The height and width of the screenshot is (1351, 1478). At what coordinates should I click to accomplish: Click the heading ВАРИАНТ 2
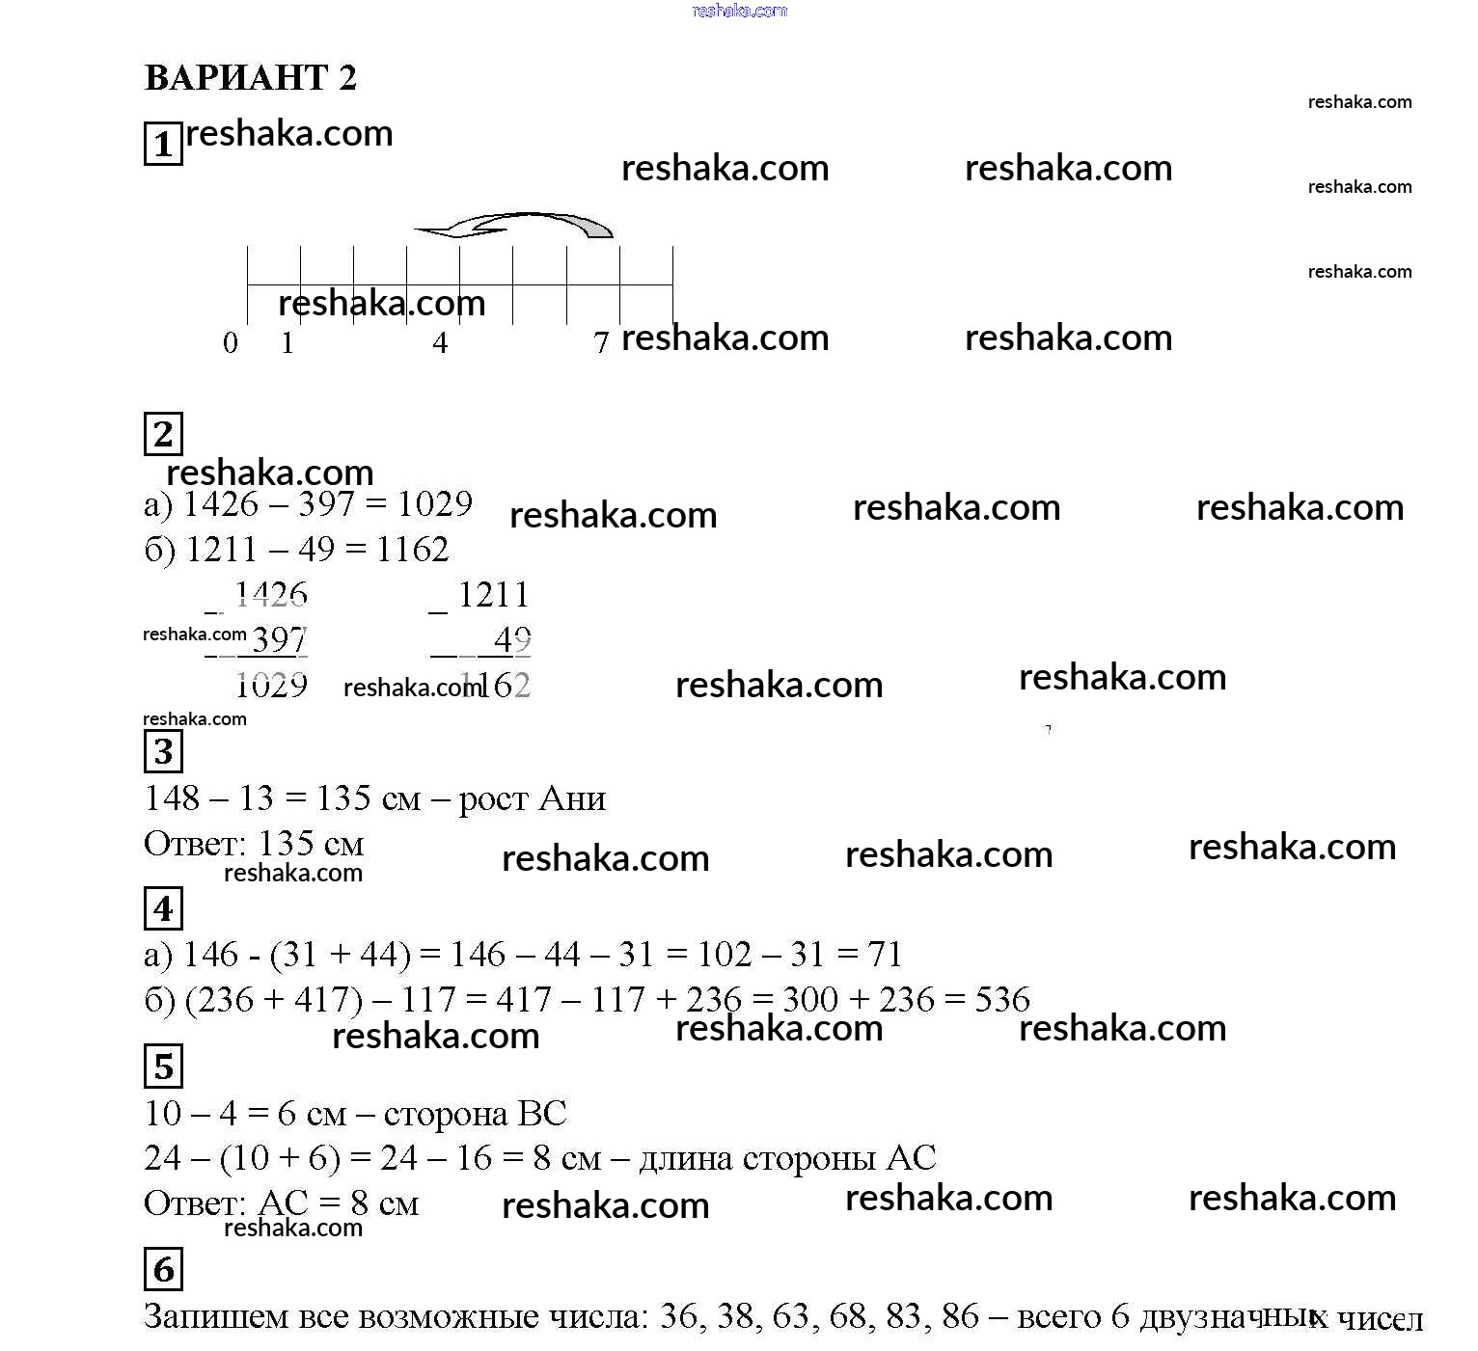click(250, 77)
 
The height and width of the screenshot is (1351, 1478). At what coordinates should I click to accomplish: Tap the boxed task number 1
click(163, 144)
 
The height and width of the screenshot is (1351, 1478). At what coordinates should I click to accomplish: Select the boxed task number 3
click(163, 751)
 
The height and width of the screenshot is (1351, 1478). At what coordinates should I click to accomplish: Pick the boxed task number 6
click(163, 1269)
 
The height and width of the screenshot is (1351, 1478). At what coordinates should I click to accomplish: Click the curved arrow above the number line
click(513, 225)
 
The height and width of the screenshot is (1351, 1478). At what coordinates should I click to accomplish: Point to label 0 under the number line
click(230, 342)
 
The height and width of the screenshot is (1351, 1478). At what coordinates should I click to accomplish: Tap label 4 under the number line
click(440, 342)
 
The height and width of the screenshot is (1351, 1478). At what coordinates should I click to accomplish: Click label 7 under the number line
click(601, 342)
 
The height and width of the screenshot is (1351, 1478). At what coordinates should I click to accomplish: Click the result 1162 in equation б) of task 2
click(412, 550)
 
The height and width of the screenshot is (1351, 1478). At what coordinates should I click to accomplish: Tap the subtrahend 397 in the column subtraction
click(278, 639)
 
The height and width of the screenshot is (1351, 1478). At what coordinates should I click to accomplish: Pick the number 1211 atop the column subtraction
click(493, 595)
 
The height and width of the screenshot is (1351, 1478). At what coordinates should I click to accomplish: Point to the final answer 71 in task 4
click(885, 955)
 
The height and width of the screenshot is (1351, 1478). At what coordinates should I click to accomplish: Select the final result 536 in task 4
click(1002, 1000)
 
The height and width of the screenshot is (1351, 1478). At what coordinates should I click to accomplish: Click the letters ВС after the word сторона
click(542, 1114)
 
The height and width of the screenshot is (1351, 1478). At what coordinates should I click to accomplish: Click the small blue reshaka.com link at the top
click(740, 11)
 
